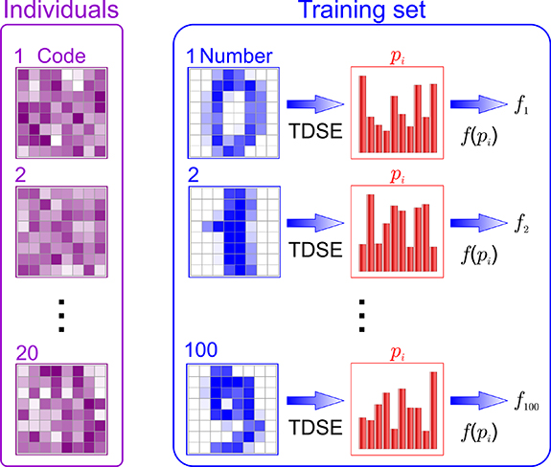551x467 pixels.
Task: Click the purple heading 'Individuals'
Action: pyautogui.click(x=60, y=13)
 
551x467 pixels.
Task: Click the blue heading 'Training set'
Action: pyautogui.click(x=355, y=13)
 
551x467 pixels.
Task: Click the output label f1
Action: pyautogui.click(x=520, y=108)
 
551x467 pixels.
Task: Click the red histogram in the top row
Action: pyautogui.click(x=397, y=112)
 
